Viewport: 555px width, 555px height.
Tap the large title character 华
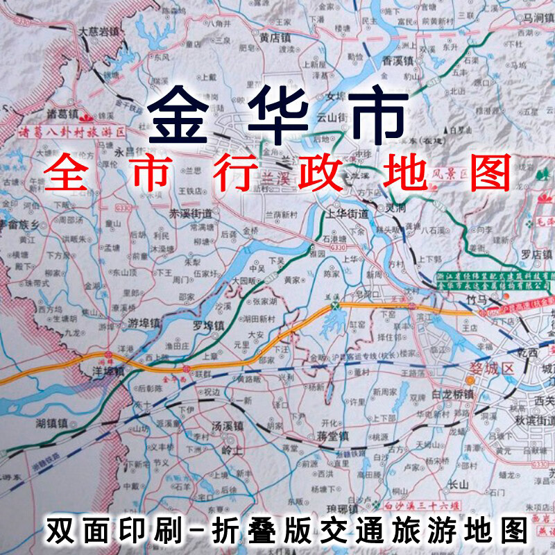[x=277, y=112]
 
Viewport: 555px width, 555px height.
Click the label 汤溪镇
[x=228, y=425]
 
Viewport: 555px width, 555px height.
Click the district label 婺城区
[x=492, y=368]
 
